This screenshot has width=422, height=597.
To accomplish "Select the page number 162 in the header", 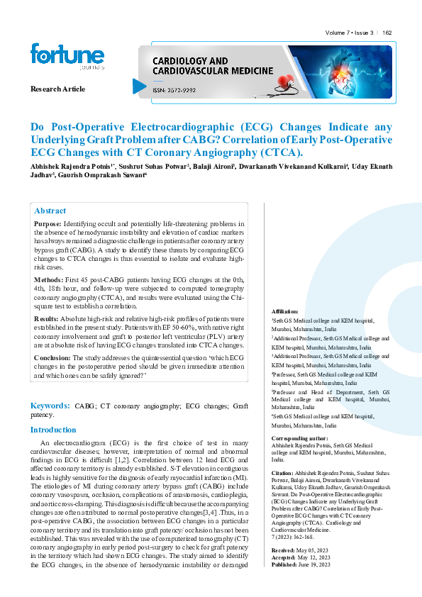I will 396,33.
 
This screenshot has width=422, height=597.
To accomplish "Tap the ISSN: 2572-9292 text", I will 174,90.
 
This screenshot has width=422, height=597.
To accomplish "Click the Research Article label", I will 57,89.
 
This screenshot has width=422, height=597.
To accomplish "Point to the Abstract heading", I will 50,211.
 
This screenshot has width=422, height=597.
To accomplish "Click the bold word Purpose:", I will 48,223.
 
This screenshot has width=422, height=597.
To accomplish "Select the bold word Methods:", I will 48,281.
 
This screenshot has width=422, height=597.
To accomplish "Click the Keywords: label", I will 50,406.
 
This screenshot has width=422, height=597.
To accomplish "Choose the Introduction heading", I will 53,430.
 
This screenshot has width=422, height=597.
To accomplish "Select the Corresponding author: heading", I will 299,439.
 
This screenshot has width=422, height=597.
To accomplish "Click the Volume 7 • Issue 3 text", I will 350,33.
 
